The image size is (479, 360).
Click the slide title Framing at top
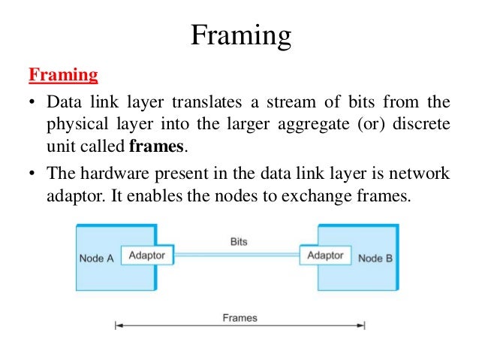tap(239, 35)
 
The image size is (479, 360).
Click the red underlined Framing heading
tap(64, 75)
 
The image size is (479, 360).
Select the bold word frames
tap(158, 145)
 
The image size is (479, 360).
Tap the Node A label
tap(96, 258)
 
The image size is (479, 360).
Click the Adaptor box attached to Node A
tap(147, 256)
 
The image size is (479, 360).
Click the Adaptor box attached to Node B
tap(325, 256)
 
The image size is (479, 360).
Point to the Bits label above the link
tap(239, 242)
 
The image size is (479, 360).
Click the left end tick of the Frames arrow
tap(115, 325)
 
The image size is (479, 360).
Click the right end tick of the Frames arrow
tap(365, 325)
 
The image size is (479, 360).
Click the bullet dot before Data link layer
tap(32, 101)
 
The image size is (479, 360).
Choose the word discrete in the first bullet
tap(427, 123)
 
